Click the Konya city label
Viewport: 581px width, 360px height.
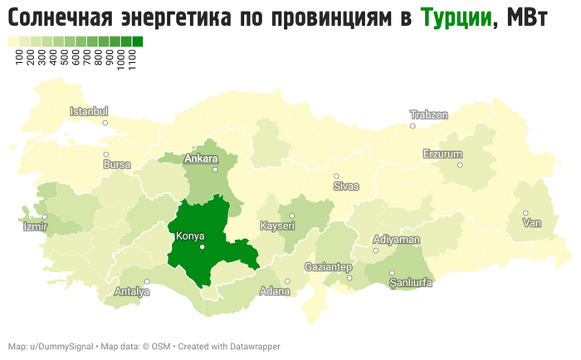(189, 236)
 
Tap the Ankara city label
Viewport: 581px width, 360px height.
(201, 158)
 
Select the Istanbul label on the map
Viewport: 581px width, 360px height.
(89, 111)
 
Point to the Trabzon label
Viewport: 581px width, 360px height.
(429, 114)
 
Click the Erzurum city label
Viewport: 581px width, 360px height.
(442, 153)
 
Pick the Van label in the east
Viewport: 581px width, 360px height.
(530, 223)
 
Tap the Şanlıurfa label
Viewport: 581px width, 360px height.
(411, 283)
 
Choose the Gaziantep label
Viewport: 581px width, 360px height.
(329, 266)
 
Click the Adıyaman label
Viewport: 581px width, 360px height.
(397, 239)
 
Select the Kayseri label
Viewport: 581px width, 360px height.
(277, 226)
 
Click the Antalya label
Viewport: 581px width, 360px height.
(132, 291)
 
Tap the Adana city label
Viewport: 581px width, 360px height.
(274, 291)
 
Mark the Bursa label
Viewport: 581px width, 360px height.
(117, 164)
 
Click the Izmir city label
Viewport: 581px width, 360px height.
(35, 226)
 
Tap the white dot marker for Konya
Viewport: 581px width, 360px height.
(202, 247)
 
